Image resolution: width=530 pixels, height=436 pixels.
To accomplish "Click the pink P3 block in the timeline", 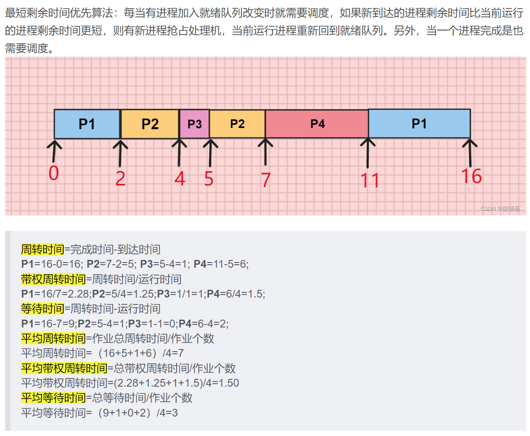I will coord(194,124).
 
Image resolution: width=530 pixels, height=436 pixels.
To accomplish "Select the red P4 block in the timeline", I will coord(317,124).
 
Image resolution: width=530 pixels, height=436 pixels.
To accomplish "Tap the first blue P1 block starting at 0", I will coord(87,124).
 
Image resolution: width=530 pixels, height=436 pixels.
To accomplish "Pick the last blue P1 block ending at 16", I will coord(419,124).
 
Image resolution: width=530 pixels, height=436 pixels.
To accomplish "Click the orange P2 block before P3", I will coord(150,124).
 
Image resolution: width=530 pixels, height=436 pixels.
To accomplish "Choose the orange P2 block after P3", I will coord(237,124).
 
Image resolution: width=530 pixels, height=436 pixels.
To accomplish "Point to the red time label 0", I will coord(53,173).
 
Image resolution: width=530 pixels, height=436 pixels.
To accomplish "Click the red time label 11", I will coord(370,180).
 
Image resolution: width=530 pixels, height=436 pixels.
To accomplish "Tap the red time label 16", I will coord(471,176).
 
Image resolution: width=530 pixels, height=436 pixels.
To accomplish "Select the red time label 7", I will coord(266,180).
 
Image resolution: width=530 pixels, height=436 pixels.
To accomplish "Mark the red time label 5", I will coord(209,178).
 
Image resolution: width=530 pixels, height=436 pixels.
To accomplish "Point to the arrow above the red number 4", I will coord(179,152).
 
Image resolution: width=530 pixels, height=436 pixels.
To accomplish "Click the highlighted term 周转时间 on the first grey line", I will coord(42,250).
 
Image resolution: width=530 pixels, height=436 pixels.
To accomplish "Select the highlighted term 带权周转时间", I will coord(53,279).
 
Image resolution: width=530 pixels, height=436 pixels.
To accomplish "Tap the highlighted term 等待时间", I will coord(42,309).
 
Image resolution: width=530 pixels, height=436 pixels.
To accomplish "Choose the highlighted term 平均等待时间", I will coord(53,398).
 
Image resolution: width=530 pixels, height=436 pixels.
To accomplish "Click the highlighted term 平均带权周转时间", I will coord(64,369).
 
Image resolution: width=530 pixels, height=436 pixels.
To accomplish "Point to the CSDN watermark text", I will coord(500,208).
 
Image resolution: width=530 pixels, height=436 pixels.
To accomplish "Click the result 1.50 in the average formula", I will coord(228,383).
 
